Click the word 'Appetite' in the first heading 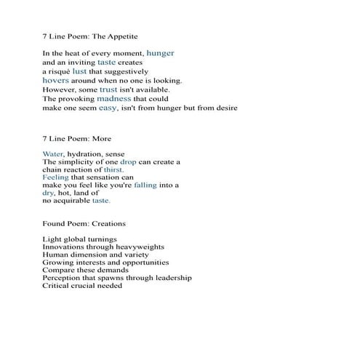120,35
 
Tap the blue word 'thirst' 113,169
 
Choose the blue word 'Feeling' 56,177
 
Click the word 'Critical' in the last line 57,285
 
